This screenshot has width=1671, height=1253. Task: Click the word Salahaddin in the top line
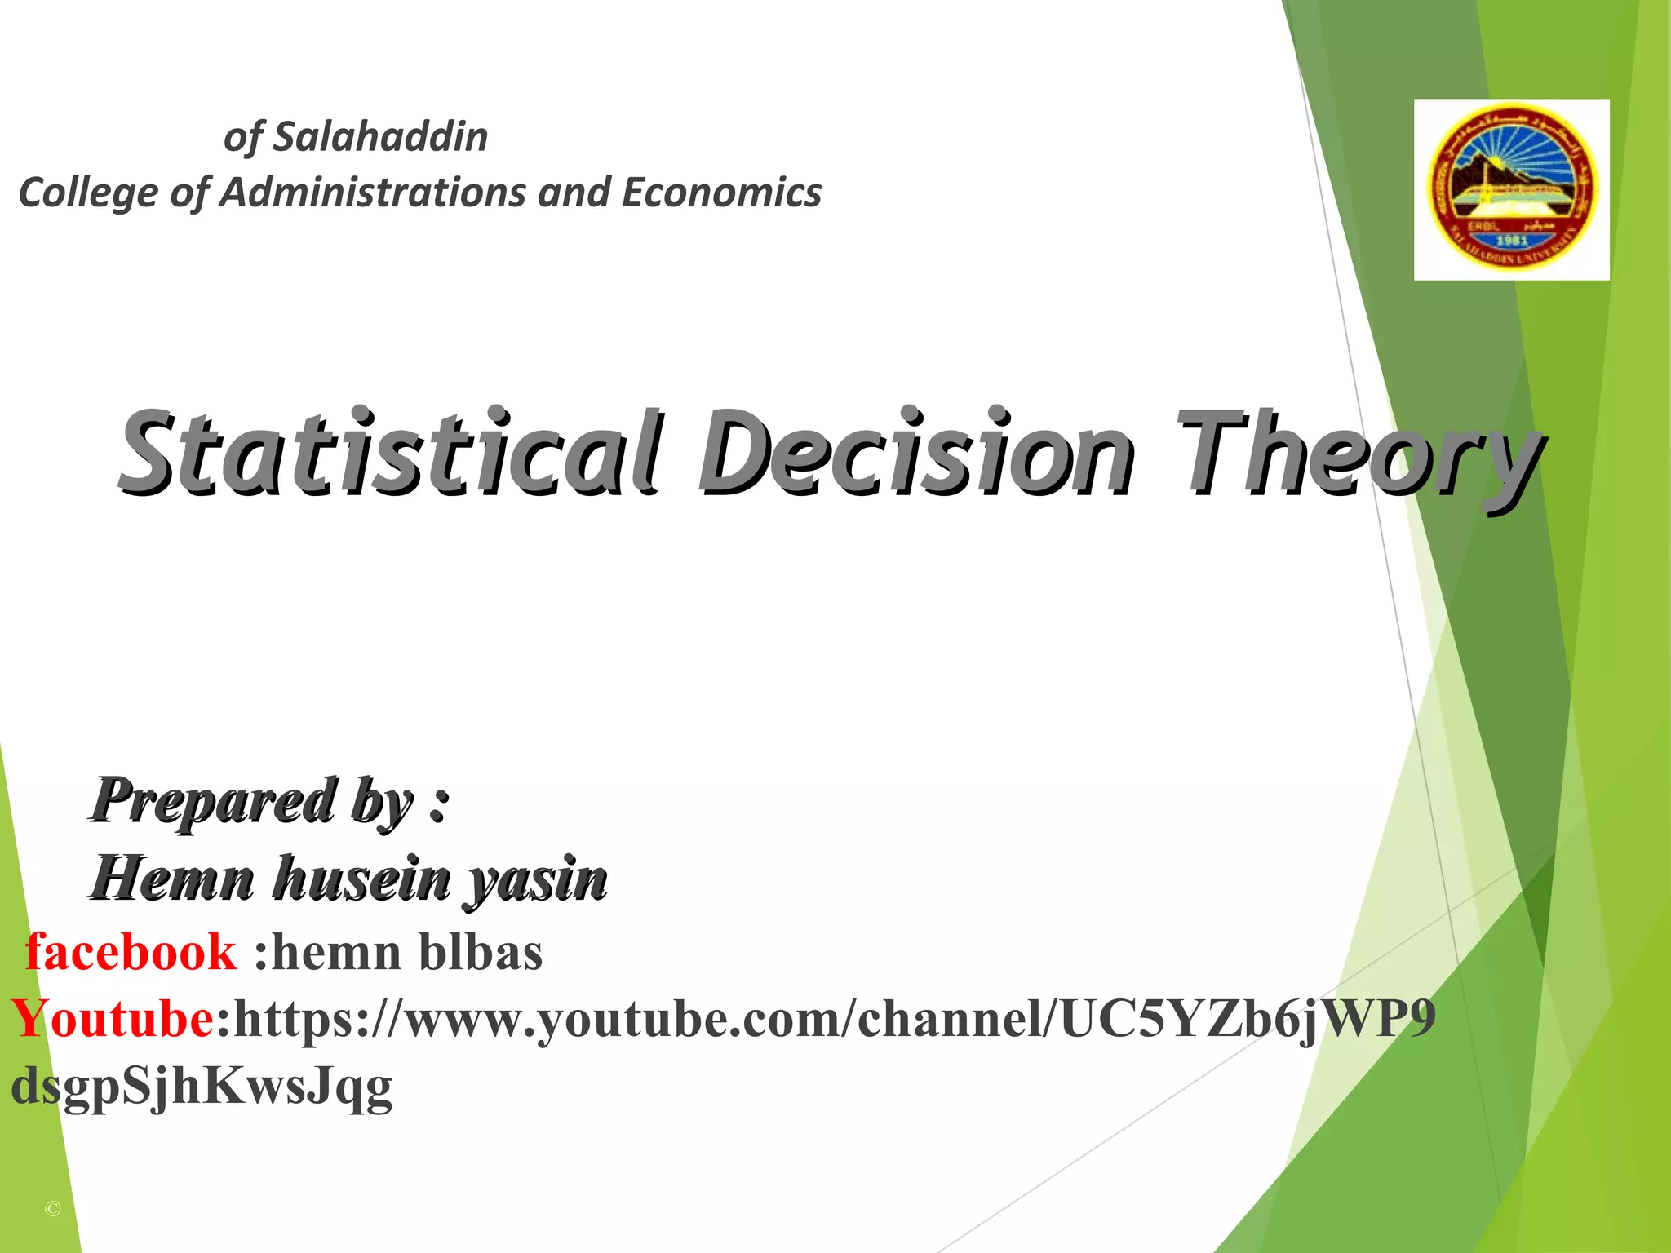380,137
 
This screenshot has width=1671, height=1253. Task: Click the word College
88,194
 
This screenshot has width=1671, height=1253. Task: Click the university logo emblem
1511,188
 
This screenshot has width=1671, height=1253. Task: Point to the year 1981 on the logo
1511,241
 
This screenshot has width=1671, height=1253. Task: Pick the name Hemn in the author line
173,879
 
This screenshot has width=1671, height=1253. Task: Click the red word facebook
131,952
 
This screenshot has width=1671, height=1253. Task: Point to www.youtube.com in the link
623,1019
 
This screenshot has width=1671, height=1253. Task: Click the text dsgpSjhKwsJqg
202,1087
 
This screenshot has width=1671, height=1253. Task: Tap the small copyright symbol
53,1209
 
